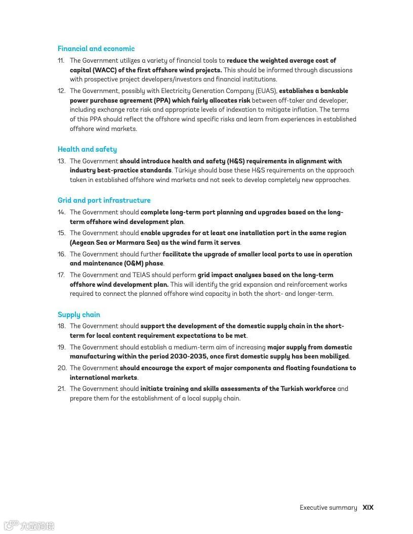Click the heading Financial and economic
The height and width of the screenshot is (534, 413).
click(96, 49)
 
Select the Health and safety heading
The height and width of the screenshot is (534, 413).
click(87, 149)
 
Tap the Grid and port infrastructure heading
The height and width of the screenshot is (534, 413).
click(104, 200)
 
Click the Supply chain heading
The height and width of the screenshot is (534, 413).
click(79, 315)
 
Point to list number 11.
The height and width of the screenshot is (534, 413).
click(61, 61)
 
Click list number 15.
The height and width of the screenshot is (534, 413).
click(61, 233)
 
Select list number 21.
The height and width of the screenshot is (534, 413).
click(61, 389)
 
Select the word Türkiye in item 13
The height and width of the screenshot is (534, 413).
click(188, 170)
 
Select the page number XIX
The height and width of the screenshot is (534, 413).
click(368, 507)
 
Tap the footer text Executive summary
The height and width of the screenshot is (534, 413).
click(328, 507)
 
